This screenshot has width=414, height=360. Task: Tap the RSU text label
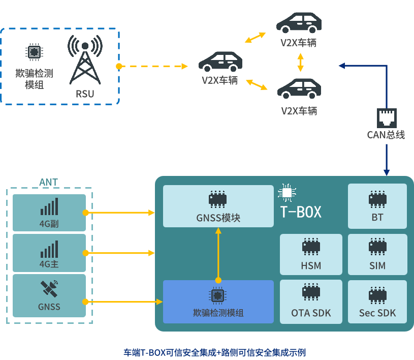(85, 94)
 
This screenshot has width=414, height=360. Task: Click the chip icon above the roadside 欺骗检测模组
(34, 52)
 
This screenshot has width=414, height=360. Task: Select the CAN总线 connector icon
(386, 118)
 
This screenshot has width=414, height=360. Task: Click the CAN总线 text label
(386, 135)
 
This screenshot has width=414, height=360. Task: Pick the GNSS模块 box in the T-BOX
(218, 206)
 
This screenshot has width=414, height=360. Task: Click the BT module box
(377, 206)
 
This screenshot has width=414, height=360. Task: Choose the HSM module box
(311, 254)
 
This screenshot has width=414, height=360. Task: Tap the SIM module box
(377, 254)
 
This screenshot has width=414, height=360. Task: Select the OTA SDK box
(311, 302)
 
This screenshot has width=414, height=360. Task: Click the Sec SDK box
(377, 302)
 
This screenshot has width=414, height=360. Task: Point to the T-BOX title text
(301, 212)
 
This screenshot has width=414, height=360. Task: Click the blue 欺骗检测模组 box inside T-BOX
(218, 302)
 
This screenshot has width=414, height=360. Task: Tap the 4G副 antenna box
(49, 213)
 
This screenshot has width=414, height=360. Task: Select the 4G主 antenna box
(49, 252)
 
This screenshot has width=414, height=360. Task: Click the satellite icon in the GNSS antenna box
(49, 289)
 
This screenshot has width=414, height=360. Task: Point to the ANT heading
(49, 182)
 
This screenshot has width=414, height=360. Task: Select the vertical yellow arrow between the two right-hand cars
(300, 62)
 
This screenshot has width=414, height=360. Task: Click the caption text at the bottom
(214, 352)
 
